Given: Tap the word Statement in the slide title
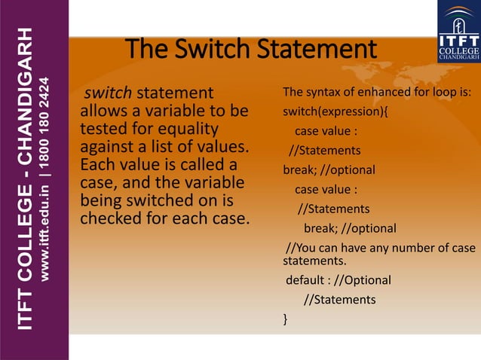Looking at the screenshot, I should point(317,50).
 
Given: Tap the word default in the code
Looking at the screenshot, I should point(307,280).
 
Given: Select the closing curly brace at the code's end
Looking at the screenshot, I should point(285,320).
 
